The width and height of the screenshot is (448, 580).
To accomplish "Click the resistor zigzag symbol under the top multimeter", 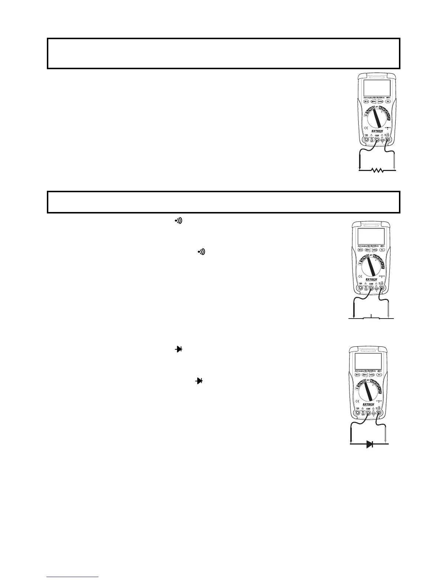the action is (377, 170).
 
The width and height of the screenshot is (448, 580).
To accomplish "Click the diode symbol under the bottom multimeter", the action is (369, 445).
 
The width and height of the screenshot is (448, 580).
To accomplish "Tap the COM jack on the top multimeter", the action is (377, 140).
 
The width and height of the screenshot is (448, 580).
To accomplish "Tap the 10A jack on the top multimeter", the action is (366, 140).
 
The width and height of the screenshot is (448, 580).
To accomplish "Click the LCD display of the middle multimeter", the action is (371, 237).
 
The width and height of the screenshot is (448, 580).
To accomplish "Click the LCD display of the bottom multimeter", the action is (369, 361).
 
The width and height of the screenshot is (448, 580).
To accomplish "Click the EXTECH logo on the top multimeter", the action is (377, 131).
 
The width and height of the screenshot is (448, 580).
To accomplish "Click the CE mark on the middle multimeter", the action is (360, 276).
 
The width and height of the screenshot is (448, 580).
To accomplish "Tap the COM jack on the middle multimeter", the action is (371, 288).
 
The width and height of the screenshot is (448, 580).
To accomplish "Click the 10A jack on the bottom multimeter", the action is (358, 413).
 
